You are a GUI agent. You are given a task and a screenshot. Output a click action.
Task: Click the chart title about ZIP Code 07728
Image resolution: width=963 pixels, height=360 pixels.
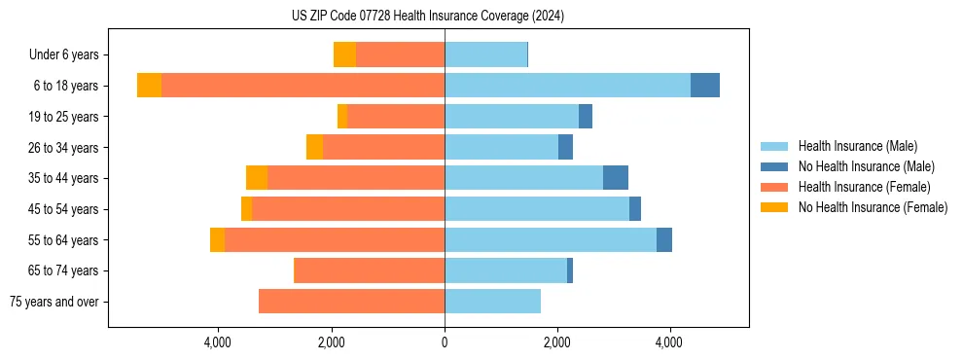point(427,16)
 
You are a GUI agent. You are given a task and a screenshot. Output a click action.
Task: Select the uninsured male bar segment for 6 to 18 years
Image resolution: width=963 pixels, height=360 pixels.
point(705,86)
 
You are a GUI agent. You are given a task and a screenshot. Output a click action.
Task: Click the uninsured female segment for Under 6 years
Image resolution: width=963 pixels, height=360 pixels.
point(344,54)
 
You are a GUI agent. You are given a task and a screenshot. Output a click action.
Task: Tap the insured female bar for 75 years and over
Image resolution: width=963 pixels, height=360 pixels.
point(351,302)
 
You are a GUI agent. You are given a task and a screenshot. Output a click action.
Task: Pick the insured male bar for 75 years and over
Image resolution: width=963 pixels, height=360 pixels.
point(492,302)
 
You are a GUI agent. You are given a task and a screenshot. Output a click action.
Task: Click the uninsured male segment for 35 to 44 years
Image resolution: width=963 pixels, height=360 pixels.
point(616,178)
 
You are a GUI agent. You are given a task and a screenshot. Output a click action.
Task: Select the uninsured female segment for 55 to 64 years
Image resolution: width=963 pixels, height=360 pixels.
point(217,240)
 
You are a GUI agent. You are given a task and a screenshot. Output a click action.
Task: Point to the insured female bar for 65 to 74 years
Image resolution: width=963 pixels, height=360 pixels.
point(369,270)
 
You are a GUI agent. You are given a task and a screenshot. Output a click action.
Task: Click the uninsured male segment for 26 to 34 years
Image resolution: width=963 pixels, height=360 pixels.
point(565,147)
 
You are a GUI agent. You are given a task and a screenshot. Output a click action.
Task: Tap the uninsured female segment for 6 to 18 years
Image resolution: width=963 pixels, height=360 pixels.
point(149,86)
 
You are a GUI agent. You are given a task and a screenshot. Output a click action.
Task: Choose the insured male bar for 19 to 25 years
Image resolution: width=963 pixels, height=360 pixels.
point(512,117)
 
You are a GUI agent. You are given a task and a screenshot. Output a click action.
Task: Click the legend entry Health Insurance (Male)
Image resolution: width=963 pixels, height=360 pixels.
point(857,146)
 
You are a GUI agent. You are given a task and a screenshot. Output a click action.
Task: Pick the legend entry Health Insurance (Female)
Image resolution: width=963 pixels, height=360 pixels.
point(865,187)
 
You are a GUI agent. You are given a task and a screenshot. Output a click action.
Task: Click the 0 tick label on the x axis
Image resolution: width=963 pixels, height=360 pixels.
point(445,342)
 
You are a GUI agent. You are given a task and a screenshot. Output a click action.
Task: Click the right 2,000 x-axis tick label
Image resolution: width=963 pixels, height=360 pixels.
point(556,342)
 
